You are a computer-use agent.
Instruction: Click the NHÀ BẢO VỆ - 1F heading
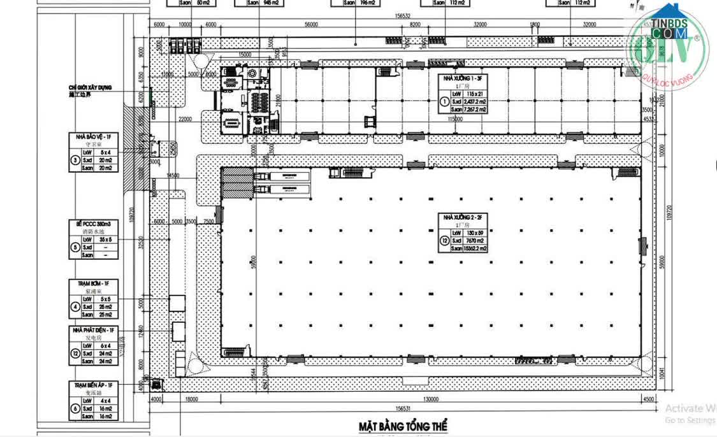tap(93, 137)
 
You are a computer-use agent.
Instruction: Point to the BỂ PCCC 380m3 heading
tap(93, 224)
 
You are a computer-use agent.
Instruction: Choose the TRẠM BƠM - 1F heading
tap(93, 283)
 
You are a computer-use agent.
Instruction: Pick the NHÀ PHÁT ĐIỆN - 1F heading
tap(93, 330)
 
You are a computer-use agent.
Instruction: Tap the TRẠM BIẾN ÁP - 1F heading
tap(93, 385)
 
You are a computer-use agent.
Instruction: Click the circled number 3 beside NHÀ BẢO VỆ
tap(75, 160)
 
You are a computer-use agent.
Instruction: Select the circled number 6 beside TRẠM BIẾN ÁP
tap(75, 408)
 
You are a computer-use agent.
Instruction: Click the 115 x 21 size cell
tap(475, 94)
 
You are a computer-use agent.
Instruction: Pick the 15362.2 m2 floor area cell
tap(475, 249)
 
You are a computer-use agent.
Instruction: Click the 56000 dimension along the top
tap(311, 25)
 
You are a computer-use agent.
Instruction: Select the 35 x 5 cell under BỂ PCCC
tap(105, 240)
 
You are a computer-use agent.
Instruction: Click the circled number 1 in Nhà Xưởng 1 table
tap(444, 101)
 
